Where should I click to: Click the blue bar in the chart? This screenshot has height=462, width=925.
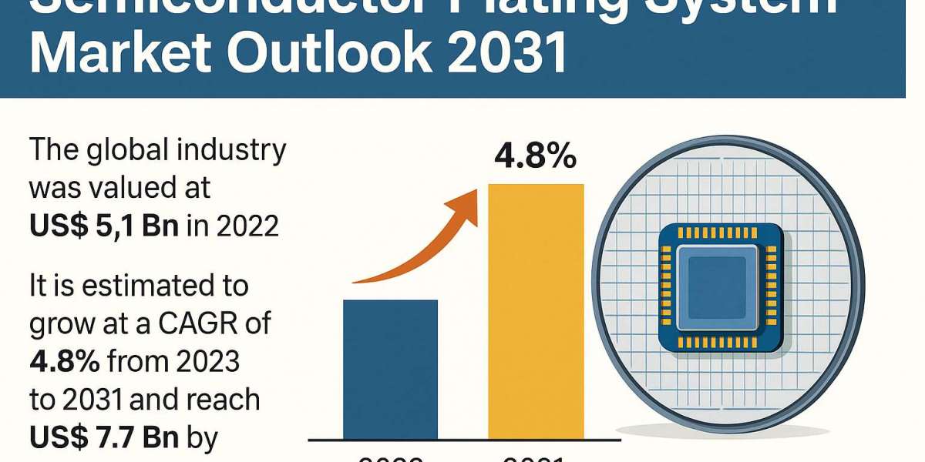coord(390,370)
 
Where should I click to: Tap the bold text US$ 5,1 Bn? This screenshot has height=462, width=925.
coord(104,226)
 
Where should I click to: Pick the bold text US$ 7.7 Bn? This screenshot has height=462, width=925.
coord(104,437)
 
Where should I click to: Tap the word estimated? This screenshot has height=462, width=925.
coord(153,286)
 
